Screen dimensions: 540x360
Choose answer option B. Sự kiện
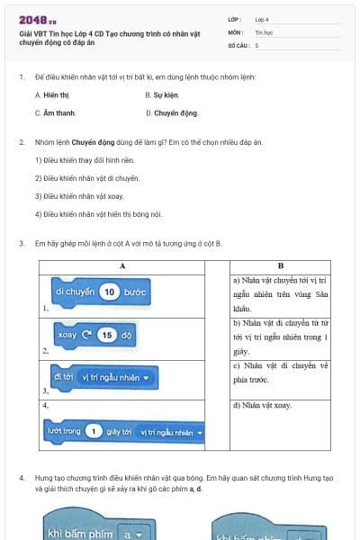[163, 94]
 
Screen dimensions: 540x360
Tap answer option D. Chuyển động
[171, 113]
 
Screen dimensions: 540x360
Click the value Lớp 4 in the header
[262, 18]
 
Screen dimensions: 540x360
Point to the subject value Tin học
[264, 31]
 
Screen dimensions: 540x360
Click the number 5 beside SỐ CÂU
[257, 44]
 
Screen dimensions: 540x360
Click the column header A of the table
[122, 266]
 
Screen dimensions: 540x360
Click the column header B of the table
[281, 266]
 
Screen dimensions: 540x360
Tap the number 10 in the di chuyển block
[108, 292]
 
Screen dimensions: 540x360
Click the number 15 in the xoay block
[107, 335]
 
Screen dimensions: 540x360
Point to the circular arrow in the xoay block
[87, 335]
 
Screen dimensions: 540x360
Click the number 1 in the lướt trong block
[94, 431]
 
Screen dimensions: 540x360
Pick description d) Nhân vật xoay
[262, 406]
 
